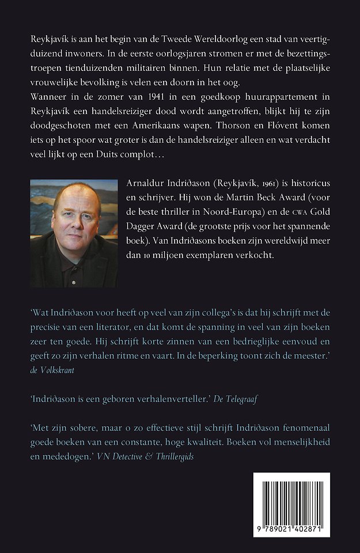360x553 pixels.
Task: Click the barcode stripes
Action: coord(291,501)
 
